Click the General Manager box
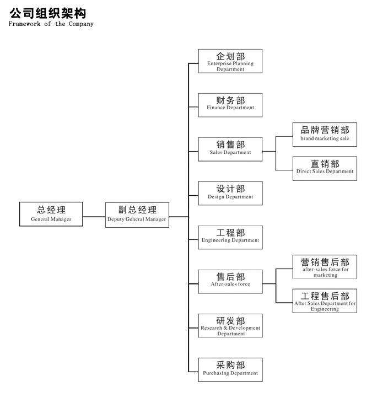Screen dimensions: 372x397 (x=51, y=214)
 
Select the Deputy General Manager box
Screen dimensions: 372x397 (x=137, y=215)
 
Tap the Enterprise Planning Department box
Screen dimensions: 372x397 (x=230, y=61)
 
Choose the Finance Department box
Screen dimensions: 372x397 (x=230, y=105)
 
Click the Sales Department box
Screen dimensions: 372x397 (x=230, y=149)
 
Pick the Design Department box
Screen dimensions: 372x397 (x=230, y=193)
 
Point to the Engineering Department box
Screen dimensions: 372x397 (x=230, y=237)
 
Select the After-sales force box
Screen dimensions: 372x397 (x=230, y=282)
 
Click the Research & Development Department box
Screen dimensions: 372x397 (x=230, y=326)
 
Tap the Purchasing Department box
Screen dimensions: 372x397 (x=230, y=369)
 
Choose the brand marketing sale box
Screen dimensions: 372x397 (x=325, y=135)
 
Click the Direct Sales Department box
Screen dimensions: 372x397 (x=325, y=168)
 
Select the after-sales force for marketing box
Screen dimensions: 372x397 (x=325, y=267)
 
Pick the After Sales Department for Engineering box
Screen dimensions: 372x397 (x=325, y=301)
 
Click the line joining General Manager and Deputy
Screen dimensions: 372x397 (x=94, y=217)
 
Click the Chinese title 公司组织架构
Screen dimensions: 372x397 (x=48, y=13)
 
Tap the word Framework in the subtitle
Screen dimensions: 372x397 (x=24, y=24)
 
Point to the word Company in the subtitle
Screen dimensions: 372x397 (x=81, y=24)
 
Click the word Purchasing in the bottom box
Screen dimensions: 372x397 (x=214, y=373)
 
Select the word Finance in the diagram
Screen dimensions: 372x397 (x=216, y=108)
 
